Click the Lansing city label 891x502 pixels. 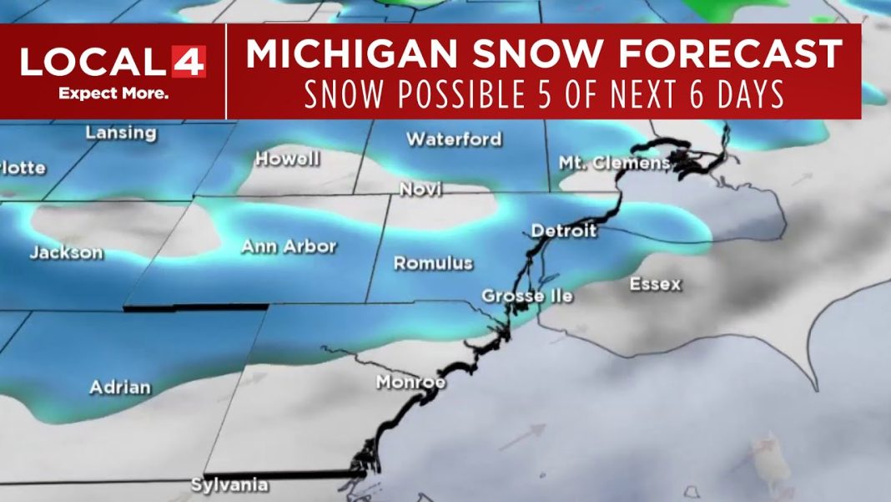pyautogui.click(x=121, y=133)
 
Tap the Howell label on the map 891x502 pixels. pyautogui.click(x=287, y=159)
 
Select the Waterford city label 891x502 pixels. pyautogui.click(x=454, y=139)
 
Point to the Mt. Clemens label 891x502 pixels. pyautogui.click(x=614, y=162)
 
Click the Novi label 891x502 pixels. pyautogui.click(x=420, y=190)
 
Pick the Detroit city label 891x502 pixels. pyautogui.click(x=564, y=230)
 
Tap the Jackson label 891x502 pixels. pyautogui.click(x=67, y=252)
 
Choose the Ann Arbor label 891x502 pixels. pyautogui.click(x=288, y=246)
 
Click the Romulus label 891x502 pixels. pyautogui.click(x=433, y=263)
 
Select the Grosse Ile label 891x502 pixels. pyautogui.click(x=526, y=297)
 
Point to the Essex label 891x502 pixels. pyautogui.click(x=655, y=284)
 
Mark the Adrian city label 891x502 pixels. pyautogui.click(x=121, y=387)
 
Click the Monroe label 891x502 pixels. pyautogui.click(x=410, y=383)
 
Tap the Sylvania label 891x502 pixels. pyautogui.click(x=229, y=484)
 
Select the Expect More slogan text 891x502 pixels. pyautogui.click(x=113, y=93)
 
